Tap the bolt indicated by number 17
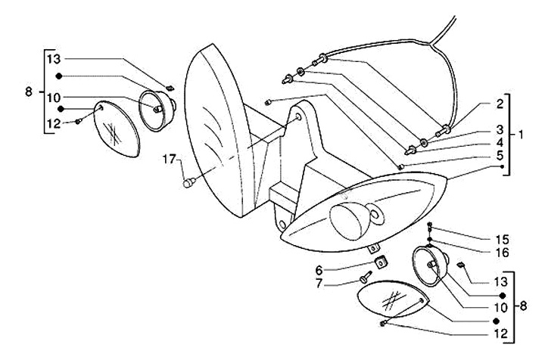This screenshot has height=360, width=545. (x=190, y=182)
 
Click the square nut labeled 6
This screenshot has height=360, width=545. (x=381, y=262)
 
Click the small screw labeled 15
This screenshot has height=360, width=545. (x=429, y=227)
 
